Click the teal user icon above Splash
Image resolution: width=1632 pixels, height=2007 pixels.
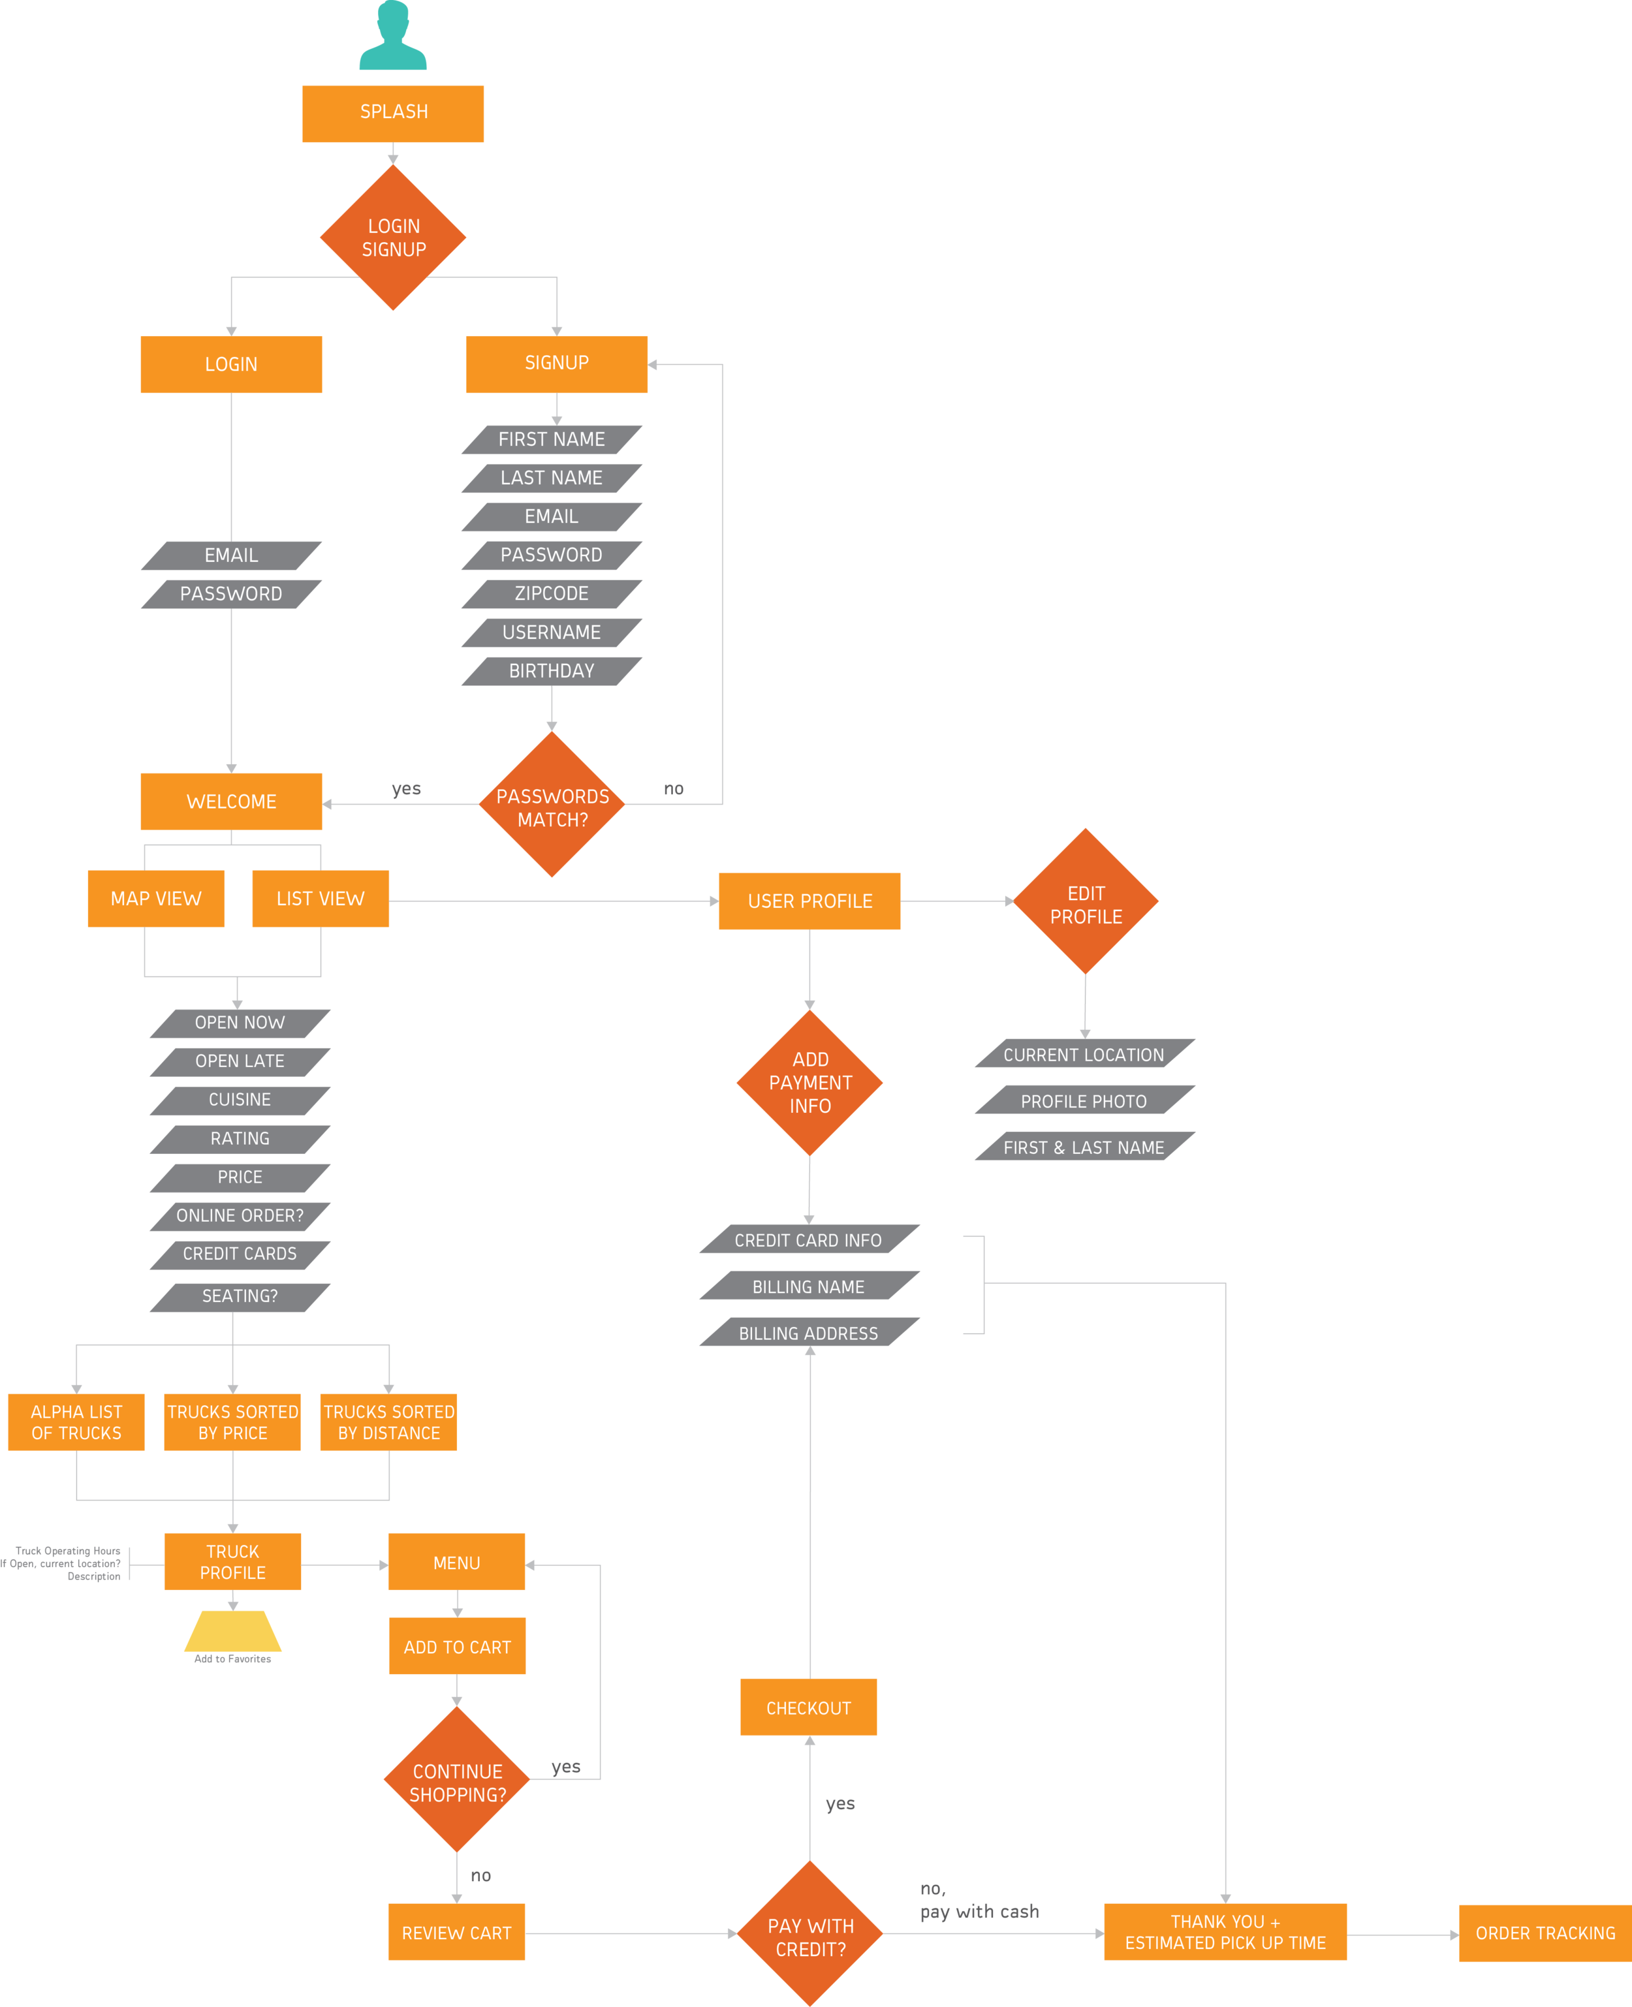(393, 38)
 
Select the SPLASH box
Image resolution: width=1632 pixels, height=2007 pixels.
(393, 113)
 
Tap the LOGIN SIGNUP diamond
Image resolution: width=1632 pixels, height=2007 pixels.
(393, 238)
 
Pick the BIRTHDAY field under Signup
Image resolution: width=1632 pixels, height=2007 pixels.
(552, 671)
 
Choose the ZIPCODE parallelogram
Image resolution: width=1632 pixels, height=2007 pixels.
(552, 594)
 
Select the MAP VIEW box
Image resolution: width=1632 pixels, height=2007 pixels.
(156, 899)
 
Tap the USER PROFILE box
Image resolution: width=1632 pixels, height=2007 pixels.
(809, 901)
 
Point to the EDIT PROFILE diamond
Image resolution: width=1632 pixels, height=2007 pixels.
(1086, 903)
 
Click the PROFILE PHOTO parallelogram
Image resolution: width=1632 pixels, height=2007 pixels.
(1084, 1101)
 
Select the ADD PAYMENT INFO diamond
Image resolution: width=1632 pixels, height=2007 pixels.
(809, 1083)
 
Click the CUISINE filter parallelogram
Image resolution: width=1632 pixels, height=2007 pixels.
(240, 1100)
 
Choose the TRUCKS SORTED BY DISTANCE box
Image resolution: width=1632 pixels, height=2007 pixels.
(388, 1422)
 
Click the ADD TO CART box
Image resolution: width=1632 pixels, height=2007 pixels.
(457, 1646)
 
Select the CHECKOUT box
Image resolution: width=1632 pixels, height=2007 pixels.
(808, 1707)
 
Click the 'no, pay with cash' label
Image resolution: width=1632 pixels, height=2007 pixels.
(979, 1900)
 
